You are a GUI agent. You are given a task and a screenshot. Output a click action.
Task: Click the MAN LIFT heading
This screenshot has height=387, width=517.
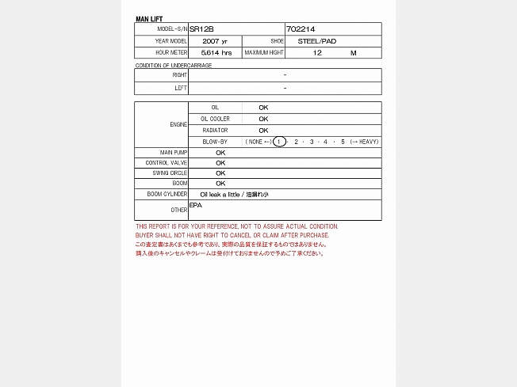tap(149, 19)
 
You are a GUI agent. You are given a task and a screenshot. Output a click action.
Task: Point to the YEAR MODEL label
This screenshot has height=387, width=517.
tap(171, 40)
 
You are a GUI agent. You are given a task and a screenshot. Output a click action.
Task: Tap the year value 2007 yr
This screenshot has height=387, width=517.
tap(214, 40)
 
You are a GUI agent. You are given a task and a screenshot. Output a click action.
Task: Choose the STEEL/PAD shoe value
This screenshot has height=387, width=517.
tap(317, 40)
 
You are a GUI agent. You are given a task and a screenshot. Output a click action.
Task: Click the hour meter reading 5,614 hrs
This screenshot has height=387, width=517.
tap(216, 52)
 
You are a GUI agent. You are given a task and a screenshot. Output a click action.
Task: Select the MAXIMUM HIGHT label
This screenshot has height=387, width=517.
tap(263, 52)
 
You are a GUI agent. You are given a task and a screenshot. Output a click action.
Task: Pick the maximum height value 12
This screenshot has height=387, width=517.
tap(318, 52)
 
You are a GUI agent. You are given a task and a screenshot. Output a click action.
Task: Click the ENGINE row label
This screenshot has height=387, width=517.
tap(178, 124)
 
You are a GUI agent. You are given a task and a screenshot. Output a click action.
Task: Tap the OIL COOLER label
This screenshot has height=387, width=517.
tap(215, 119)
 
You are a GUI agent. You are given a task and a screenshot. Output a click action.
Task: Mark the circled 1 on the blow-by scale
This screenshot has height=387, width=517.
tap(279, 142)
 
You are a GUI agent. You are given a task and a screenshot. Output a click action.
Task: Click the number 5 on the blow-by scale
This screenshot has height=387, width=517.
tap(343, 142)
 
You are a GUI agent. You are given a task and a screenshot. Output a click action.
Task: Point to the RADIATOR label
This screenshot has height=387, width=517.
tap(215, 130)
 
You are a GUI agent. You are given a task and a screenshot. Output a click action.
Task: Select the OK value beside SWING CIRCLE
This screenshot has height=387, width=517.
tap(220, 173)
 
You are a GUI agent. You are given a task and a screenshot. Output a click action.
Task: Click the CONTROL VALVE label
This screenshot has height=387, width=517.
tap(167, 162)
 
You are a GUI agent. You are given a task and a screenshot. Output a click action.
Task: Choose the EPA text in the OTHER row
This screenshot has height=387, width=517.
tap(196, 205)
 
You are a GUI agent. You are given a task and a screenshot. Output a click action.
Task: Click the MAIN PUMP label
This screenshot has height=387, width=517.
tap(174, 152)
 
